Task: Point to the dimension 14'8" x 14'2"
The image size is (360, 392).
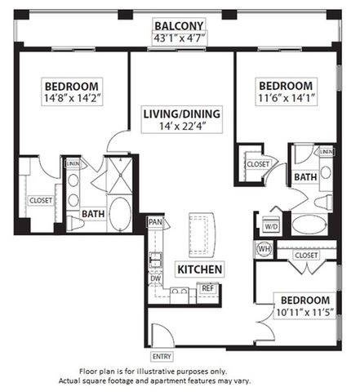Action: pos(72,100)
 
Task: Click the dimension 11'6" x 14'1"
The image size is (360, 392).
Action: pos(286,99)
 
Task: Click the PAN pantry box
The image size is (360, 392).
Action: pos(154,221)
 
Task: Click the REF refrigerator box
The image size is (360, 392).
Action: pos(208,288)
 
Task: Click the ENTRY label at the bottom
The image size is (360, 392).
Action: pos(162,356)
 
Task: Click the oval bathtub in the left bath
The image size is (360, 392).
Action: pos(122,214)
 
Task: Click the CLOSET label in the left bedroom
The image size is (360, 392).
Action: pos(40,200)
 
